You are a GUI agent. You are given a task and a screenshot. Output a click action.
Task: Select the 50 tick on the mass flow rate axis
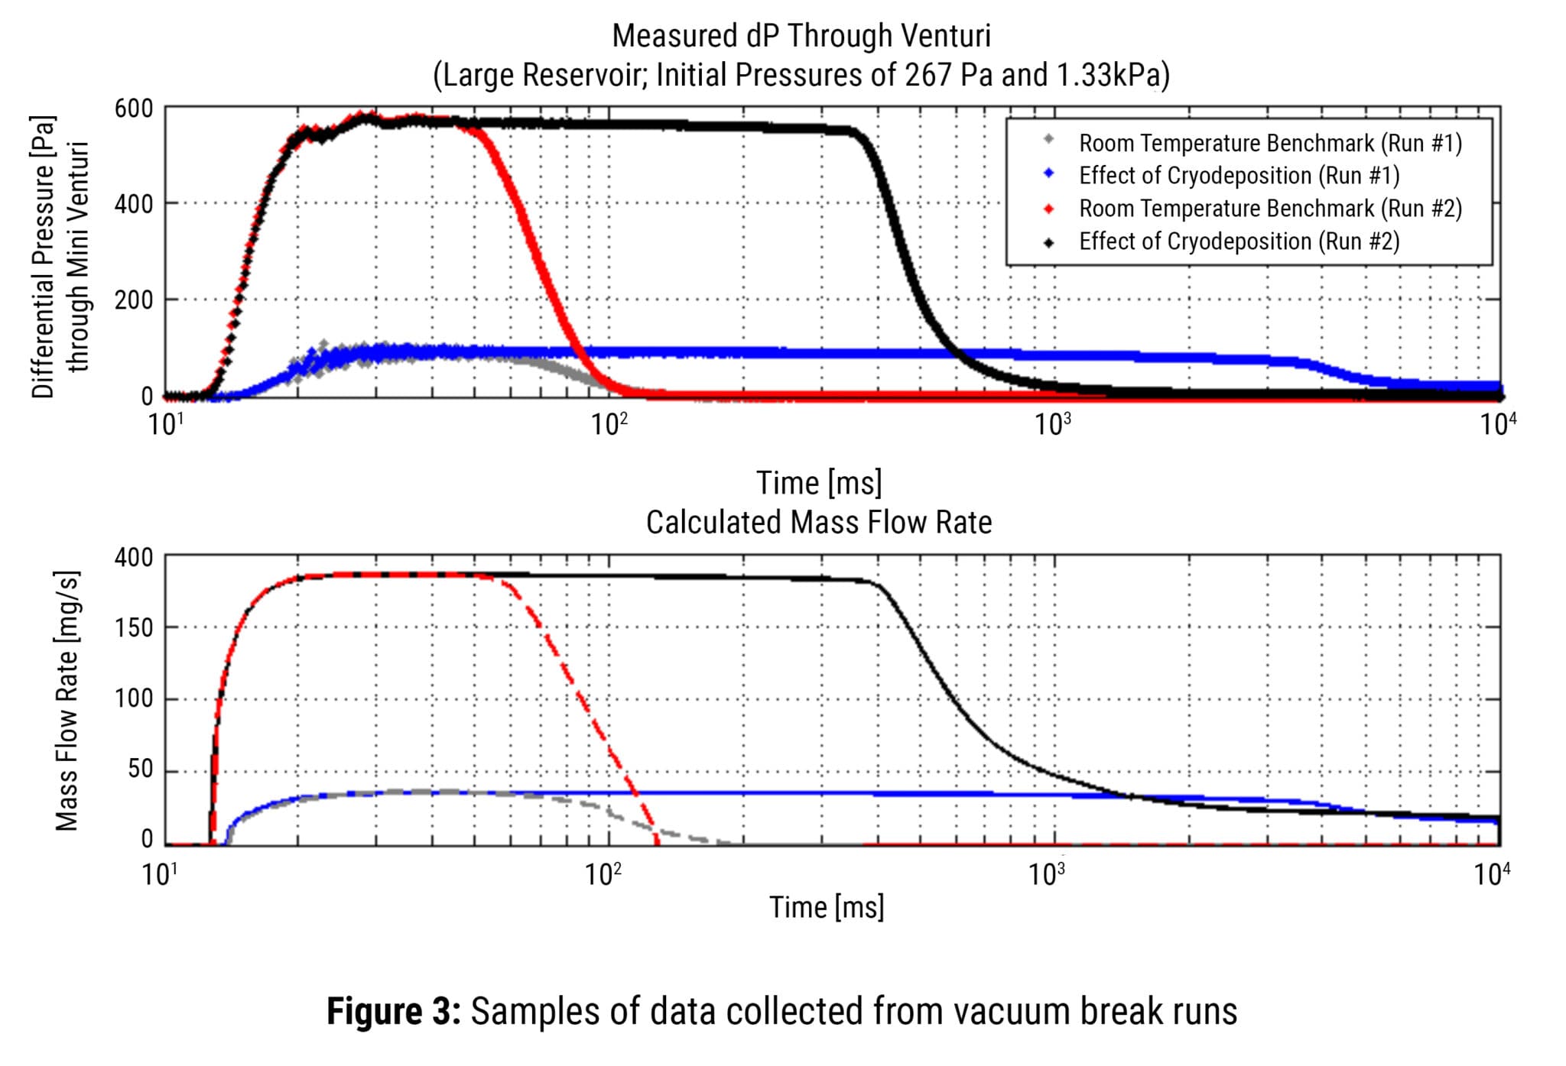click(x=140, y=769)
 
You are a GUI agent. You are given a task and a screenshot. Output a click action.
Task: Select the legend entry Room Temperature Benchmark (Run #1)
click(x=1269, y=143)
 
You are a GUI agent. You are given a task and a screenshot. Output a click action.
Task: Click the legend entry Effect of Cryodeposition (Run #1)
click(x=1239, y=176)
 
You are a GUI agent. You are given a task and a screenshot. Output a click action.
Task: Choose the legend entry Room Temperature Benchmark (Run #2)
click(x=1269, y=209)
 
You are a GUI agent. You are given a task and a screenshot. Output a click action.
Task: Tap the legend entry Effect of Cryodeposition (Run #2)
click(x=1239, y=241)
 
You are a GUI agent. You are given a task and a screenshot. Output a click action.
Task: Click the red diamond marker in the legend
click(x=1049, y=209)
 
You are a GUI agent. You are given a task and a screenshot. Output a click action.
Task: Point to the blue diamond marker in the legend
click(x=1049, y=174)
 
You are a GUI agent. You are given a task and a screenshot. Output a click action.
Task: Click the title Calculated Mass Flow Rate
click(x=818, y=523)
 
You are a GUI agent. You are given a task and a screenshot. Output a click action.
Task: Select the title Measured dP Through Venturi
click(x=801, y=36)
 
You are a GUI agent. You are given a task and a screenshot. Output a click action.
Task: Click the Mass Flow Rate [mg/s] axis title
click(x=67, y=700)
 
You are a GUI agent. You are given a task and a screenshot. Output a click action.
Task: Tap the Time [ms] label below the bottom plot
click(x=826, y=907)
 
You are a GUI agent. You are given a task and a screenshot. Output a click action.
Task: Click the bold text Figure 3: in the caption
click(x=393, y=1011)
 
